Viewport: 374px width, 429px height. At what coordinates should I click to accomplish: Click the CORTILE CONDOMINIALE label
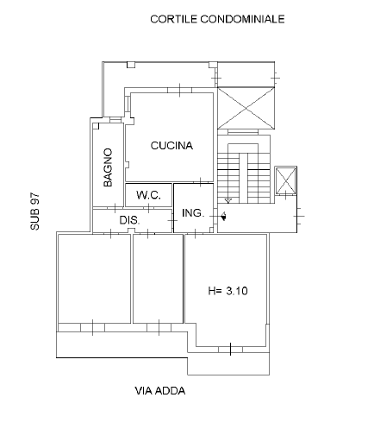coord(217,19)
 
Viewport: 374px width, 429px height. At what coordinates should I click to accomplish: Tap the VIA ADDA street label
coord(160,391)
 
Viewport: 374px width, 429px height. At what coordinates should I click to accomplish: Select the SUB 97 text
coord(34,211)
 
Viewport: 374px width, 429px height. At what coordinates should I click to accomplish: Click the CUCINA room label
coord(171,146)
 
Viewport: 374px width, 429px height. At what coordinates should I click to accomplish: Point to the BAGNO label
coord(108,167)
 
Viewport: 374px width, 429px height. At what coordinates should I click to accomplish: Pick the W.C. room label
coord(148,195)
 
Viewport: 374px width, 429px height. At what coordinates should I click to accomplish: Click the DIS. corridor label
coord(129,220)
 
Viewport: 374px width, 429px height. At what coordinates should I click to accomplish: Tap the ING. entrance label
coord(193,213)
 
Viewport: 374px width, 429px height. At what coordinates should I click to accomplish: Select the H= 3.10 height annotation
coord(228,291)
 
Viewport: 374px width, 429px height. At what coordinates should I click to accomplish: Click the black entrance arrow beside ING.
coord(223,216)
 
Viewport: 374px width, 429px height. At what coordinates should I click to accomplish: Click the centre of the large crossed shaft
coord(246,108)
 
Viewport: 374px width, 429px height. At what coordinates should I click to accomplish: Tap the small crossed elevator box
coord(285,180)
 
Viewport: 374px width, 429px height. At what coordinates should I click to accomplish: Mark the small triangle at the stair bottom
coord(228,201)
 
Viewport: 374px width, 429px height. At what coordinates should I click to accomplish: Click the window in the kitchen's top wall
coord(180,90)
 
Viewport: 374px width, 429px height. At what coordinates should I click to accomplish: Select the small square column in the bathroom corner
coord(96,126)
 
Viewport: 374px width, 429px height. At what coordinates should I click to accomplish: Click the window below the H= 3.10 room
coord(230,350)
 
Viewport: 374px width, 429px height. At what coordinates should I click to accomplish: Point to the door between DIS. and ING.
coord(172,220)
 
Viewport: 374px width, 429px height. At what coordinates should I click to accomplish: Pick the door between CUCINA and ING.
coord(201,182)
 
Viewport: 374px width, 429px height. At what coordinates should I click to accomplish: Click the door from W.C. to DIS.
coord(148,208)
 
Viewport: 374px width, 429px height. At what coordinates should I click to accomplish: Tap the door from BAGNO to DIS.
coord(115,208)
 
